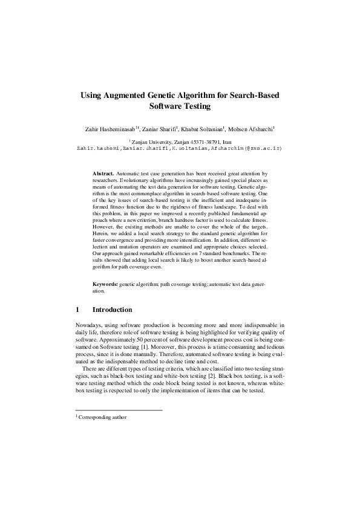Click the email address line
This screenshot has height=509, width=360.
tap(180, 148)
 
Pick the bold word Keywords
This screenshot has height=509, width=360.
tap(105, 284)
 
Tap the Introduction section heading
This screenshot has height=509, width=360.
tap(112, 310)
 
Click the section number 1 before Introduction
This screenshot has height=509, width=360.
tap(77, 310)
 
